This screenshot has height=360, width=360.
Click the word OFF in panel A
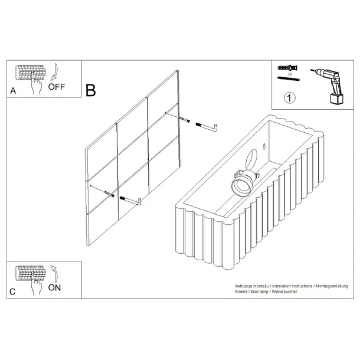(57, 86)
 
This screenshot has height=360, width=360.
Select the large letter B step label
(90, 91)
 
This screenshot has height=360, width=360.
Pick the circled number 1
(290, 98)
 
